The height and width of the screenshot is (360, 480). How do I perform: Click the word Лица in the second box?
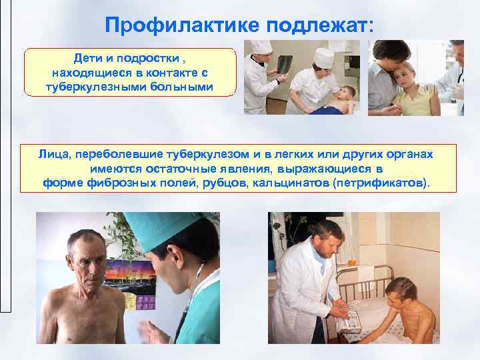53,154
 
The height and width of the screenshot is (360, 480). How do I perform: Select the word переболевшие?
117,154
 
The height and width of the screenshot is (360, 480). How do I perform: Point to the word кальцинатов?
286,182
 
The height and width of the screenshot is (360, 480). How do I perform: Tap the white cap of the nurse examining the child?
325,55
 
